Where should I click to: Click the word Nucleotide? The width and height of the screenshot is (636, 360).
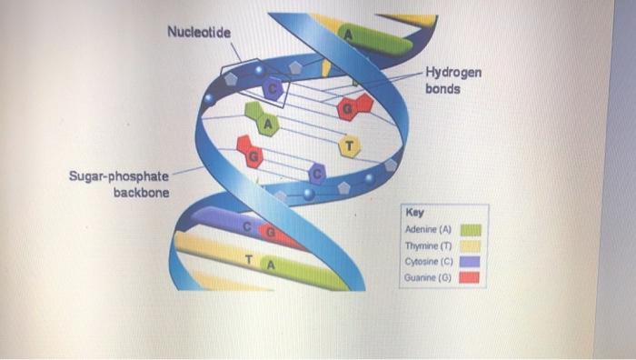199,33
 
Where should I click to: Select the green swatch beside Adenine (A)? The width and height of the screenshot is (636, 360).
472,229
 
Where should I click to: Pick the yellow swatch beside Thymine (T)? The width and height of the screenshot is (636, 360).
472,245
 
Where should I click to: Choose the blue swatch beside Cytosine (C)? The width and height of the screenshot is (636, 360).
472,262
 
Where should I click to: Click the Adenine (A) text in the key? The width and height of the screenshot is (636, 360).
427,229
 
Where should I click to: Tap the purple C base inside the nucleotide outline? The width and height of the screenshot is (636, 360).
272,88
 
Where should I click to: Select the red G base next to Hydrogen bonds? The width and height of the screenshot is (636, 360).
349,109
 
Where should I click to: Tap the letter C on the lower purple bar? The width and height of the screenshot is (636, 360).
248,226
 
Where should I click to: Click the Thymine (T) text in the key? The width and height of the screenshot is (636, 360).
427,245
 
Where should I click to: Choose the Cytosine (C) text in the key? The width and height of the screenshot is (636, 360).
427,262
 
